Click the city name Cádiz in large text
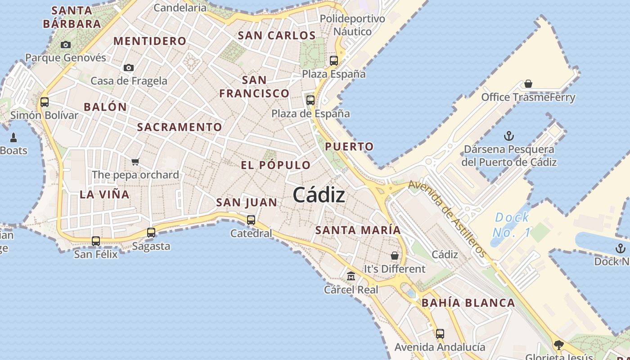point(319,195)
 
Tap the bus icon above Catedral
point(251,220)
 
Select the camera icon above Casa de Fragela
point(129,67)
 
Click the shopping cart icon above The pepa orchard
point(135,162)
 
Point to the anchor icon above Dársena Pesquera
point(509,135)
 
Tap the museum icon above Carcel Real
point(351,276)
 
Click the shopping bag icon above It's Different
point(395,256)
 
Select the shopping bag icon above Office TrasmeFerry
point(528,84)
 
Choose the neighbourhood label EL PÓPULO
point(275,165)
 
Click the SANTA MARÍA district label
point(358,230)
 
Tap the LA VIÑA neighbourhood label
point(104,194)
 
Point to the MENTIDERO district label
point(150,41)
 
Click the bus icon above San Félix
point(96,241)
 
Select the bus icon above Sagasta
point(151,233)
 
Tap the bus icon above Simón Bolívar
point(45,102)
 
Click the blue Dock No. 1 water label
point(512,225)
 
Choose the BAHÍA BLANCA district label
point(468,303)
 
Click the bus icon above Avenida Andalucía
point(440,334)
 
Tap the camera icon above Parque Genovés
point(66,45)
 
